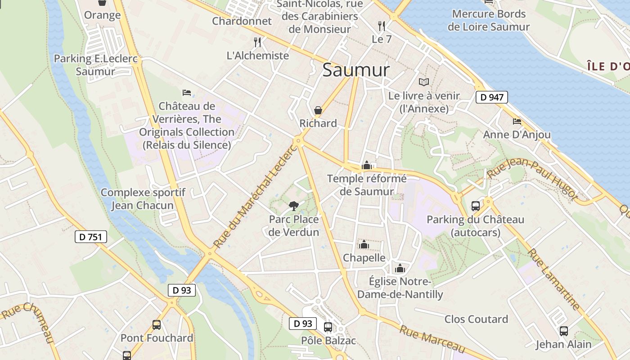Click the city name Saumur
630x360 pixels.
pos(356,70)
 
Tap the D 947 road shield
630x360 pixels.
pos(492,97)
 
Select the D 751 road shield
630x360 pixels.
pos(90,237)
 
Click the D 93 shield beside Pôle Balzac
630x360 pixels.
pos(303,323)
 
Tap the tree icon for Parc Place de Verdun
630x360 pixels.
pos(293,206)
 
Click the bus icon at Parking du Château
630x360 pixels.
pos(475,206)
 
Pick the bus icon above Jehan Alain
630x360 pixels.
pos(563,331)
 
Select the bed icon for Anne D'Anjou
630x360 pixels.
pos(517,121)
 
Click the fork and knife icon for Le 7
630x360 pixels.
pos(382,26)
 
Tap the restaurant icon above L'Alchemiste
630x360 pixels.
pos(257,42)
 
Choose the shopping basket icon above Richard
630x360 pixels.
pos(318,110)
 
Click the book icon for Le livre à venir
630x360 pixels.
pos(423,82)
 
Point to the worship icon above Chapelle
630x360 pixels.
pos(364,244)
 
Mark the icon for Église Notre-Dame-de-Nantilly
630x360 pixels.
pos(400,269)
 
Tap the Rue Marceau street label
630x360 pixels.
pos(432,339)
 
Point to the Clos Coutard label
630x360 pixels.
pos(476,319)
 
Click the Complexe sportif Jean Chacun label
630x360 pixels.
pos(143,199)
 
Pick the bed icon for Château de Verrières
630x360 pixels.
pos(187,93)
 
